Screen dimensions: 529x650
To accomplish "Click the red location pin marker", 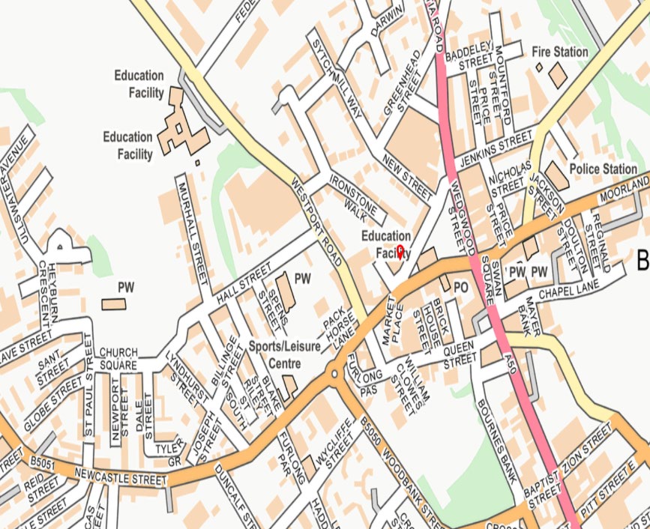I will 400,251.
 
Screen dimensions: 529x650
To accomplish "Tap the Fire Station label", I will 559,52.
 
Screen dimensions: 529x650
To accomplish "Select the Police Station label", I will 604,169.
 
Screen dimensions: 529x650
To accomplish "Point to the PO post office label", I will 461,286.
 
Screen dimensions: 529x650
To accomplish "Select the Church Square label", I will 118,358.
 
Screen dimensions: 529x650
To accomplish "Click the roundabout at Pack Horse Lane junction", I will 333,372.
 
